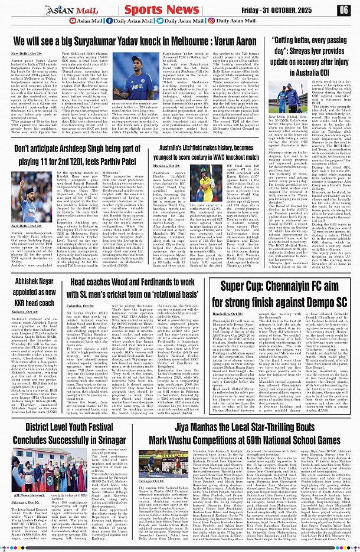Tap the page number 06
[343, 9]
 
